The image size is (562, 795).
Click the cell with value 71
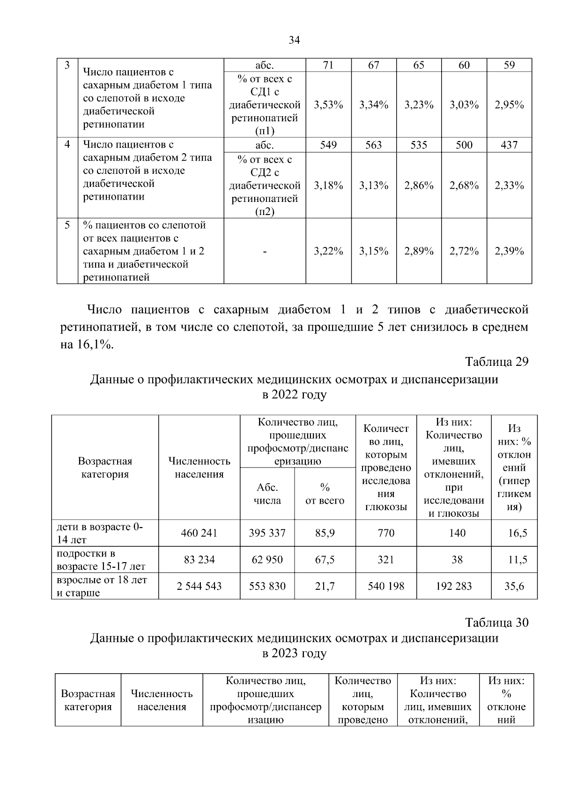click(x=328, y=65)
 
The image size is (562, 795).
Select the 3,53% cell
click(x=328, y=105)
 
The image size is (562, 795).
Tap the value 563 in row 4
click(x=373, y=145)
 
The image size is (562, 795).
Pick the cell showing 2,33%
click(x=509, y=186)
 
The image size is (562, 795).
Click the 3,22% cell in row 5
click(x=328, y=251)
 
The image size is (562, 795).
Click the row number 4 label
click(x=67, y=144)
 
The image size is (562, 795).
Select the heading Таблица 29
click(x=496, y=362)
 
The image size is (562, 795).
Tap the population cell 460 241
click(x=199, y=533)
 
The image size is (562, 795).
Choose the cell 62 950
click(x=267, y=559)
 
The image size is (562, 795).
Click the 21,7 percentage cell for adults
click(x=325, y=586)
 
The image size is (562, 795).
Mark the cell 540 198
click(x=386, y=586)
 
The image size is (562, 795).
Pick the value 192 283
click(x=453, y=586)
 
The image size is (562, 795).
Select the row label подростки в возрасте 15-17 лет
click(x=101, y=560)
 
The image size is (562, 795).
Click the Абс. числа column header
click(x=267, y=494)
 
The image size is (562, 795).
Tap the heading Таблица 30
click(x=496, y=622)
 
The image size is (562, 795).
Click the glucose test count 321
click(x=386, y=559)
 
